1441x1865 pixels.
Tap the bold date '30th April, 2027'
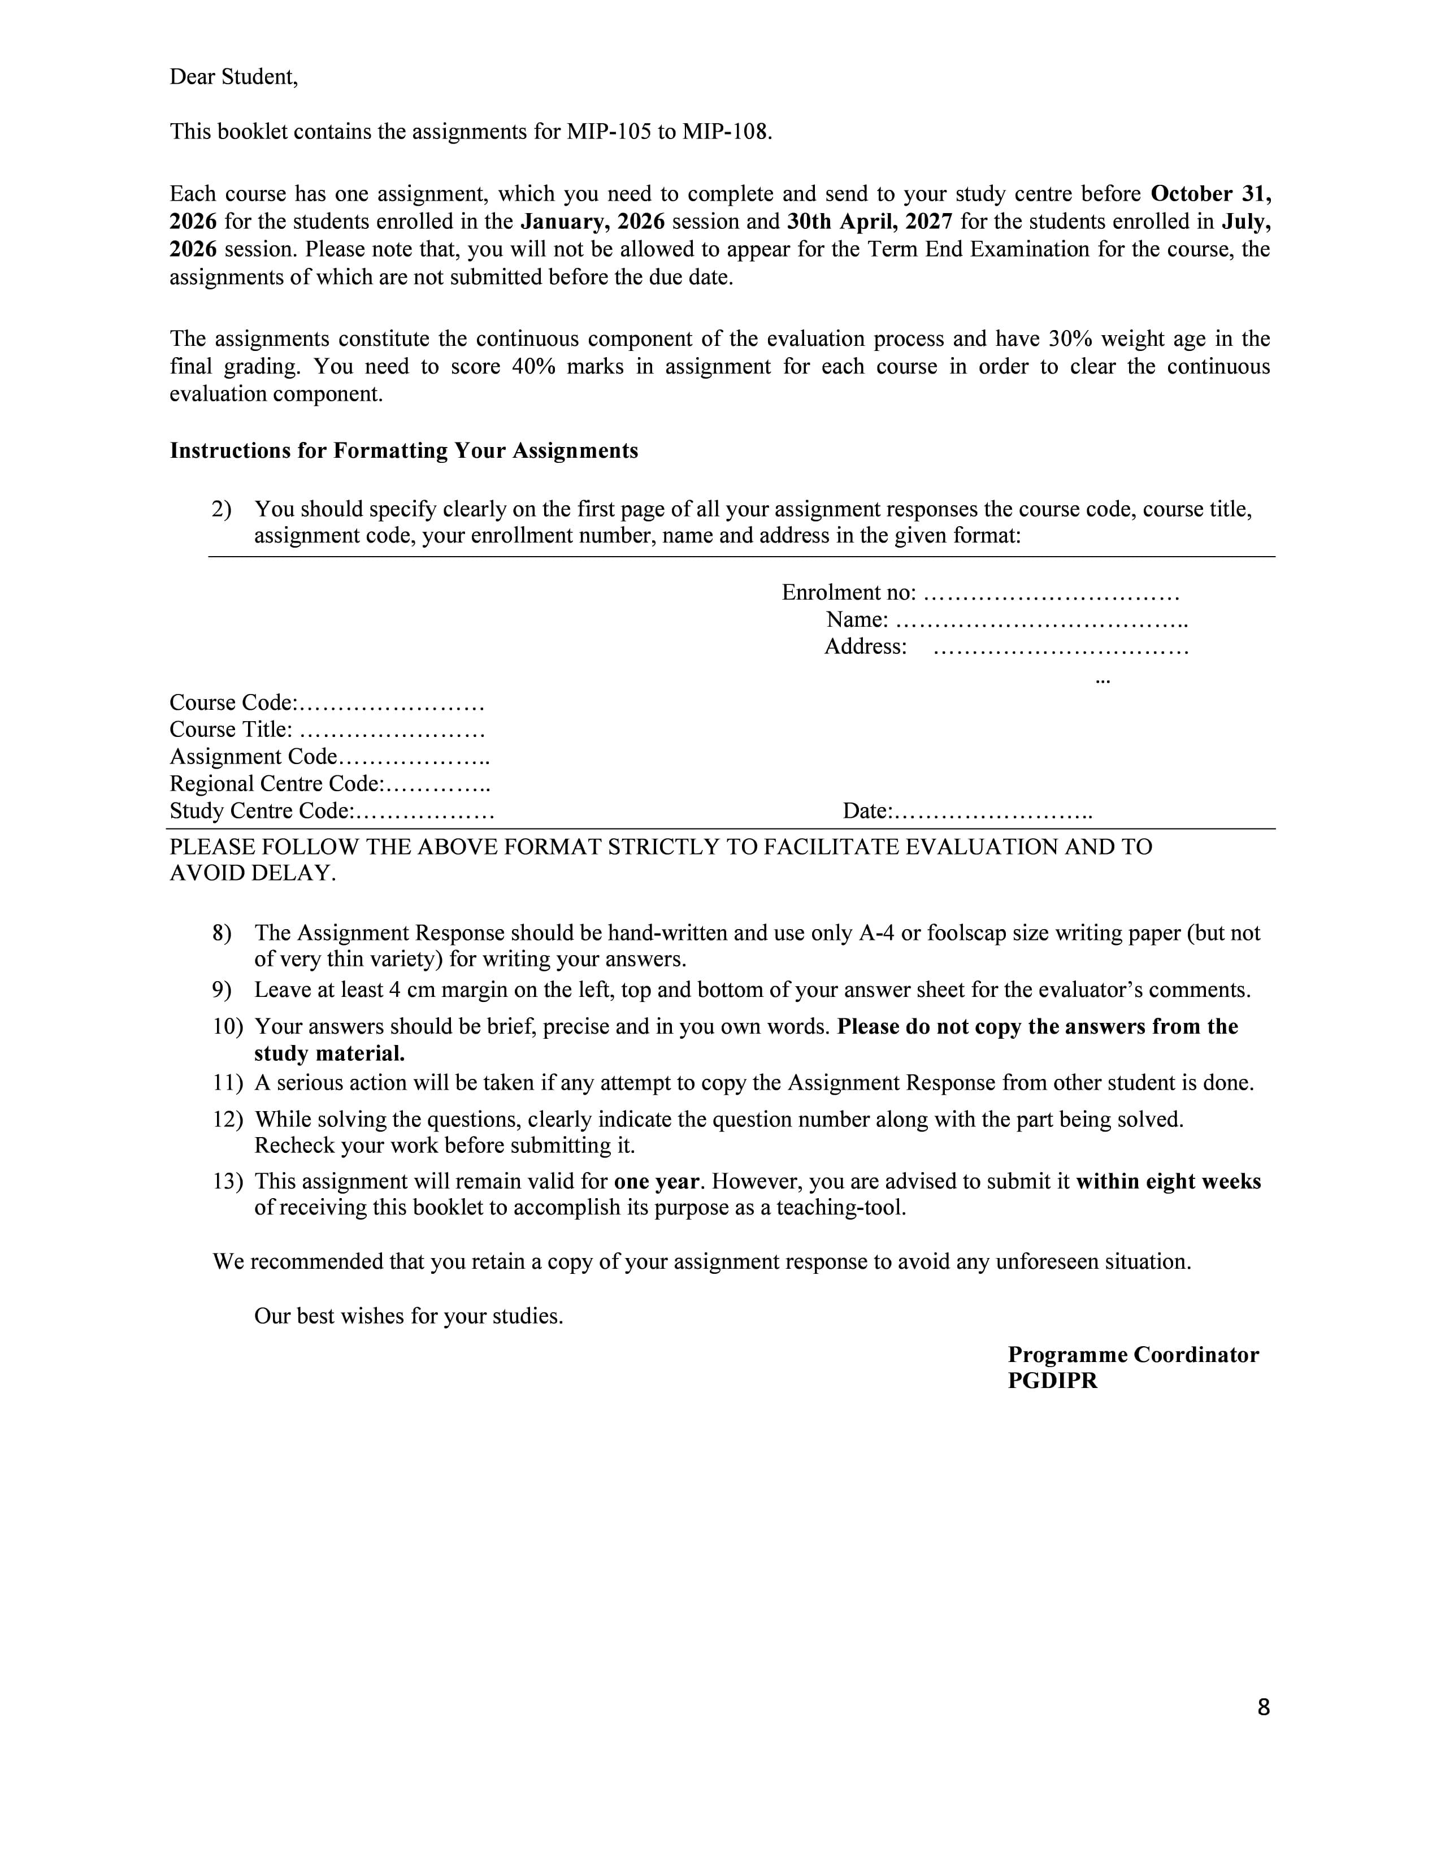click(x=869, y=222)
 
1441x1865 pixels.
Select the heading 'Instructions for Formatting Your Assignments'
click(x=404, y=451)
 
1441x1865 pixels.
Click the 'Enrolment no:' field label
click(x=849, y=593)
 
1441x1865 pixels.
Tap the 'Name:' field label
click(x=857, y=620)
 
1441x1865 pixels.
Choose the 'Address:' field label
click(x=865, y=647)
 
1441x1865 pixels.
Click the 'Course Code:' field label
click(x=233, y=703)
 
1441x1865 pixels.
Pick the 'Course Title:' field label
click(x=231, y=730)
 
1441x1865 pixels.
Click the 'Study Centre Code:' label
click(x=261, y=811)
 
